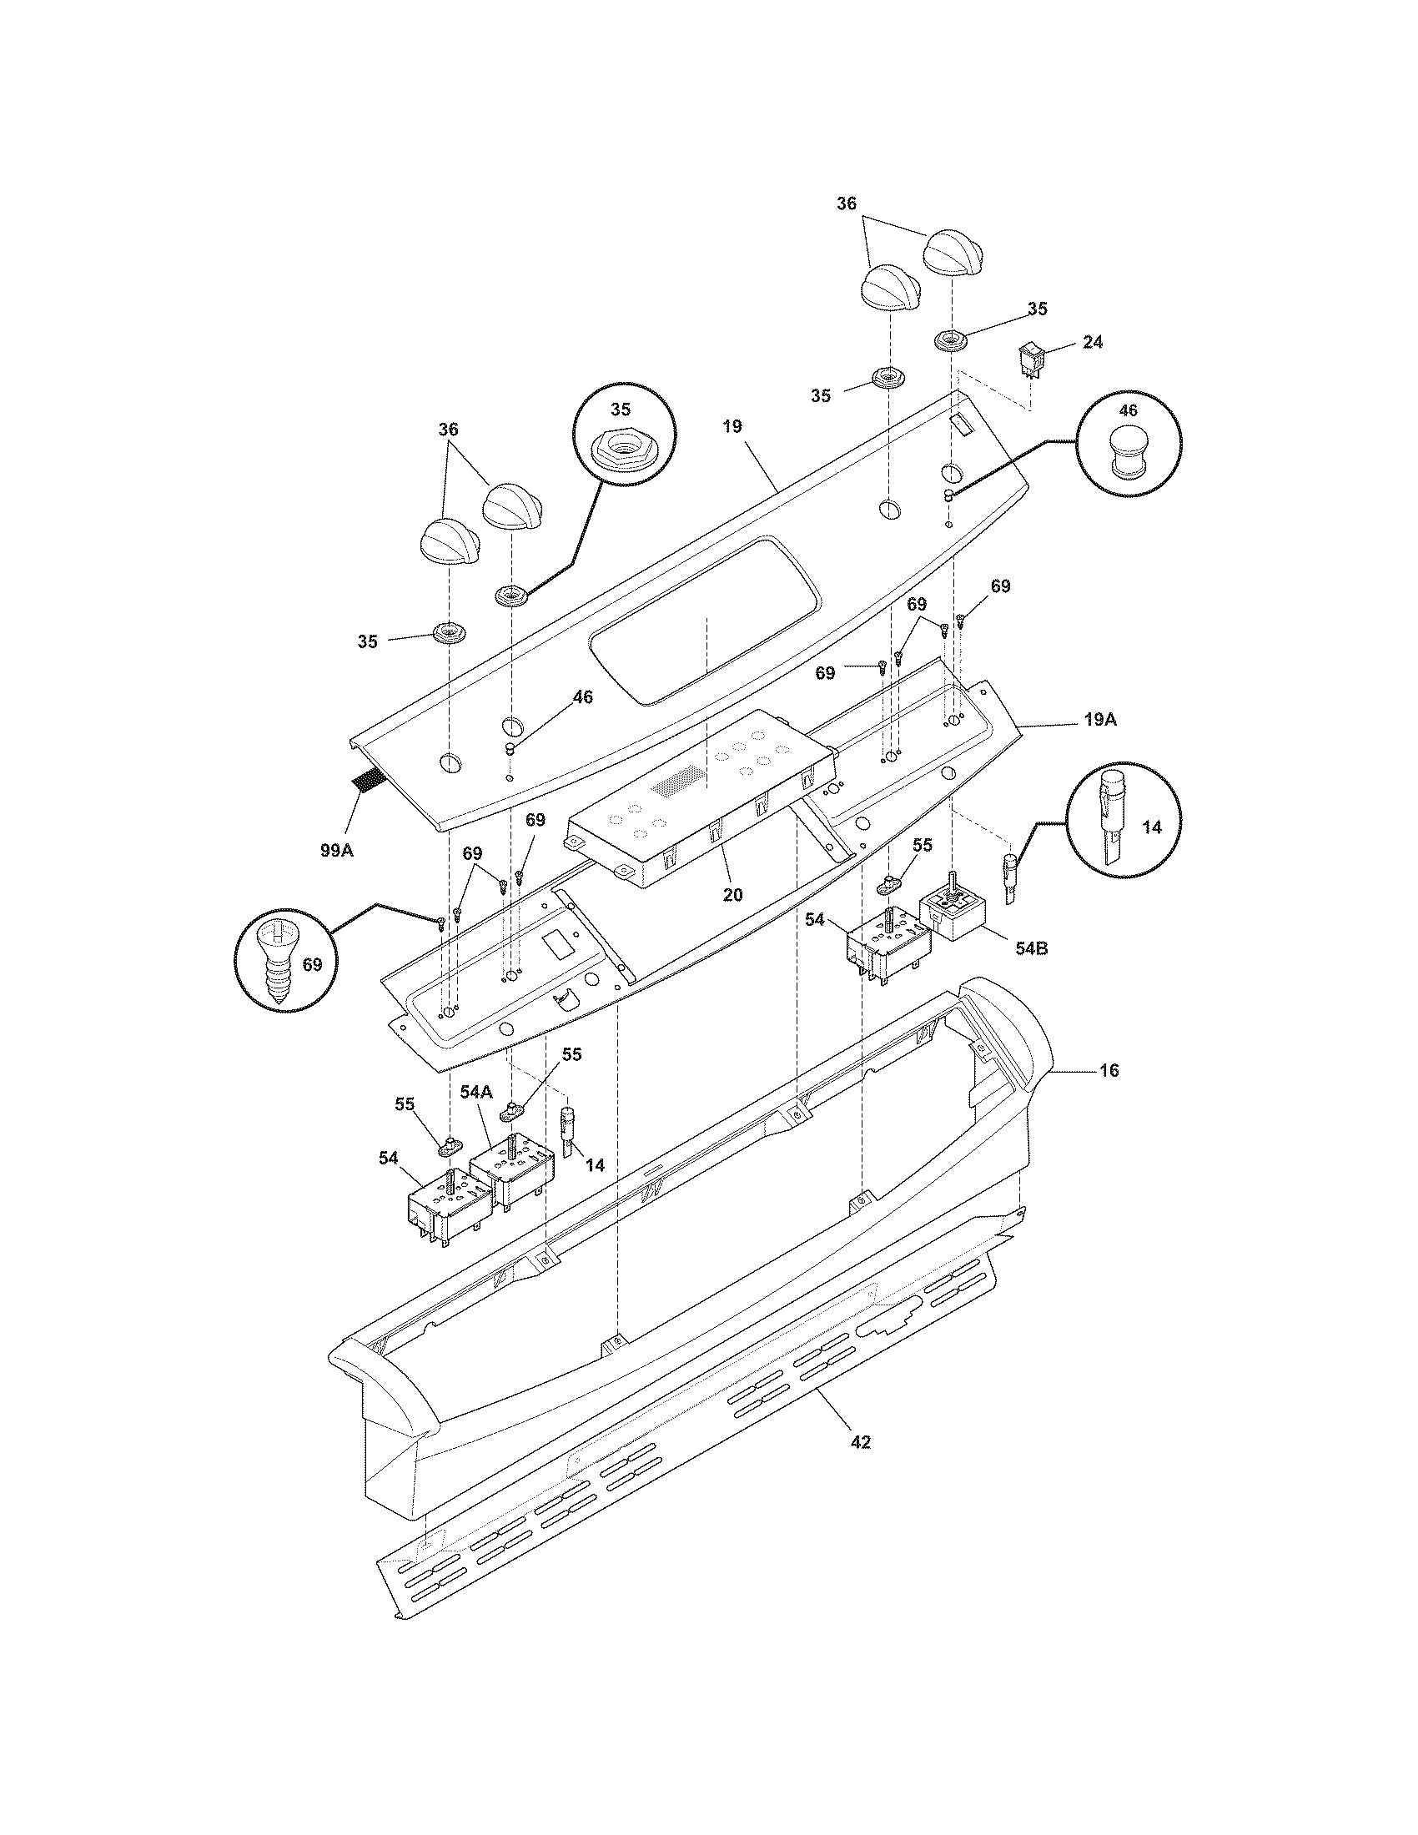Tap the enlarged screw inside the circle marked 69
click(x=276, y=965)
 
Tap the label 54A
click(x=475, y=1092)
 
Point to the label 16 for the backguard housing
click(x=1109, y=1070)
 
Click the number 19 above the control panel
click(x=732, y=427)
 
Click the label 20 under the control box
click(x=732, y=895)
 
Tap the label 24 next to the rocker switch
click(x=1093, y=343)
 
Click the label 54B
click(x=1031, y=949)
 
